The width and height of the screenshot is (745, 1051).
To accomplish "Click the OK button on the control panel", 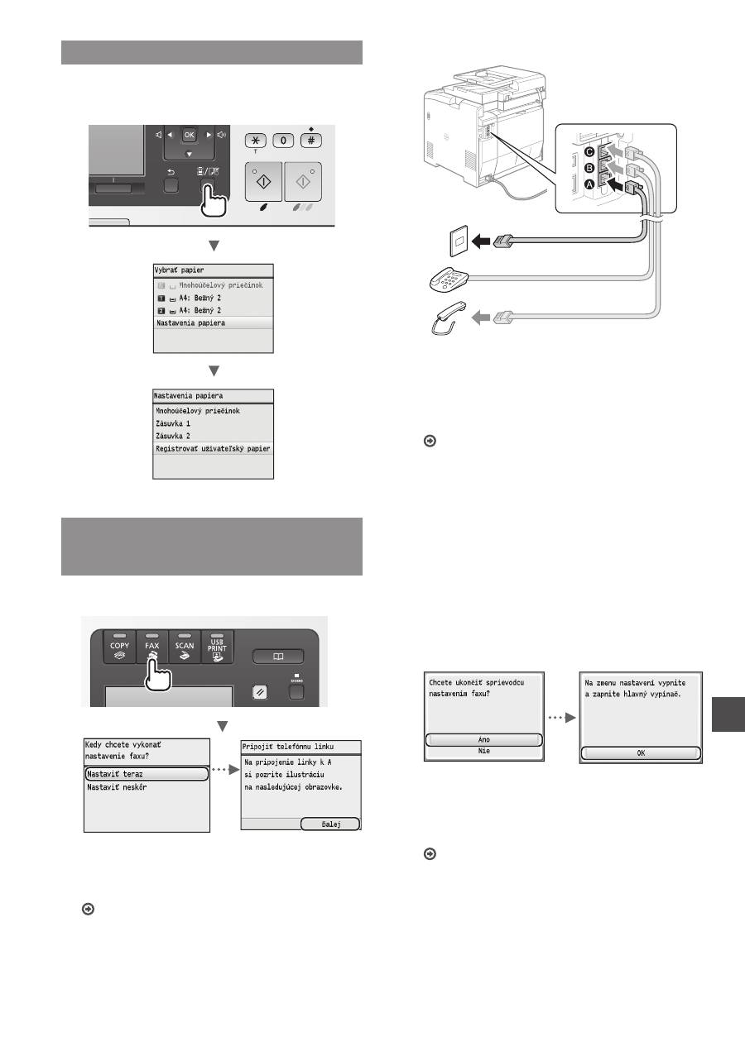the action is pos(189,135).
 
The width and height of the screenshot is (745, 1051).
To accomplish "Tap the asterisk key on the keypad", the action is pos(256,141).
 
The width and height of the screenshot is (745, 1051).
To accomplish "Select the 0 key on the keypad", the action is pos(283,141).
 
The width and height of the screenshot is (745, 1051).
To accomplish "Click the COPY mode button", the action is pos(119,647).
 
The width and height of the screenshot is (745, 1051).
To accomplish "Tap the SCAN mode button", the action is pos(185,647).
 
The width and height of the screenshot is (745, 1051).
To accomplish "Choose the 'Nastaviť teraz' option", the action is pos(147,774).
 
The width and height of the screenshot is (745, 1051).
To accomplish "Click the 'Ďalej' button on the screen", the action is pos(330,824).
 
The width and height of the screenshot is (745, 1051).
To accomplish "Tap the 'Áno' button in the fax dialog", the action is pos(483,740).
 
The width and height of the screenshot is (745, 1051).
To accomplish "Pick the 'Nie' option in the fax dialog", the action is pos(483,751).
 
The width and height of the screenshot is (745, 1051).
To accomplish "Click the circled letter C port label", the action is pos(589,152).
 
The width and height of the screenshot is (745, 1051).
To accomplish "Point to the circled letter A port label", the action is pos(589,185).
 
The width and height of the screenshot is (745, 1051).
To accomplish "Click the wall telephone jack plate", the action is pos(459,241).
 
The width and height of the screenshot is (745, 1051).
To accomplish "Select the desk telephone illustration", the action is pos(449,280).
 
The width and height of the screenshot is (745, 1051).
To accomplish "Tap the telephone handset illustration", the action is pos(448,318).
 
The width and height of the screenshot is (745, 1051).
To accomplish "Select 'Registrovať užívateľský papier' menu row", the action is pos(214,448).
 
